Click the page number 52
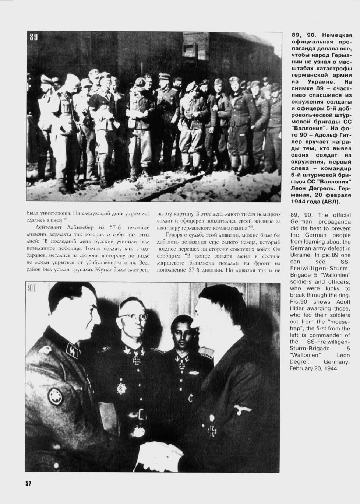click(x=28, y=483)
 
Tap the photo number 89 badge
click(x=33, y=37)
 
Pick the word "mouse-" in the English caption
click(x=339, y=322)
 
